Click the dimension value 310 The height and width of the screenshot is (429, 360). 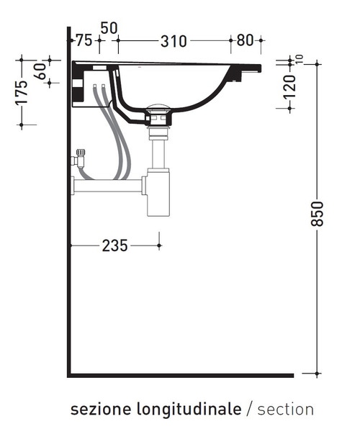tap(174, 41)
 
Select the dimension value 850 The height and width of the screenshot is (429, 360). tap(318, 214)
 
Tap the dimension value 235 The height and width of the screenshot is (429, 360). tap(114, 246)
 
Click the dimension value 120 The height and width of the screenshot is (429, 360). tap(289, 86)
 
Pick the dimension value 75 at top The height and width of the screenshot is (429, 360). tap(84, 40)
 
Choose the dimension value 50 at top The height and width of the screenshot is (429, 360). tap(109, 28)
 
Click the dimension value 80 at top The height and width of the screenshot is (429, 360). tap(245, 41)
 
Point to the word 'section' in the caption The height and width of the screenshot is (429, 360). tap(286, 410)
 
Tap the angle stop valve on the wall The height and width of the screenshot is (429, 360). tap(79, 158)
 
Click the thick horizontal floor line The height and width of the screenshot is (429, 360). tap(180, 375)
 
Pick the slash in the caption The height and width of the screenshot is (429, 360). tap(249, 410)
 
